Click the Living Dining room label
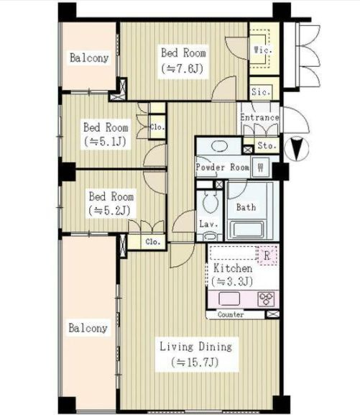click(196, 347)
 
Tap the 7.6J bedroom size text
click(183, 69)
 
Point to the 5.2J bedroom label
click(111, 204)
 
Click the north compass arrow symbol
click(297, 148)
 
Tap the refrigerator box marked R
click(267, 255)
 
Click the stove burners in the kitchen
click(266, 299)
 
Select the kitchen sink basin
click(229, 298)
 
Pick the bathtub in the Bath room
click(247, 229)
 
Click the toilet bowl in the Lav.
click(210, 202)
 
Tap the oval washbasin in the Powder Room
click(219, 145)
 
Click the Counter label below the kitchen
click(231, 314)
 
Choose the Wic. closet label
click(263, 50)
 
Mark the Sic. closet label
click(261, 92)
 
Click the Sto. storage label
click(267, 145)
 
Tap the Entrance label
click(259, 117)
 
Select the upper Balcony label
click(89, 58)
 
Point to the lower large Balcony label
click(88, 328)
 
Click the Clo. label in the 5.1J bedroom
click(157, 127)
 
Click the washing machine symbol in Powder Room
click(261, 167)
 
